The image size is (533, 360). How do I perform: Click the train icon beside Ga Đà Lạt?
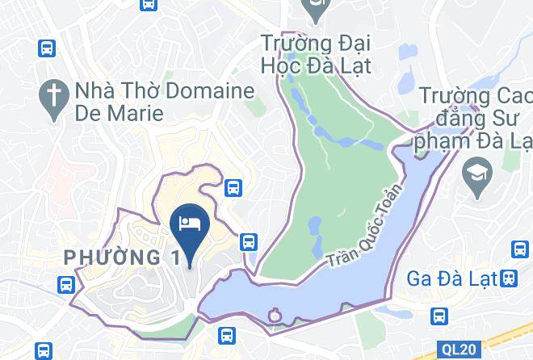click(509, 278)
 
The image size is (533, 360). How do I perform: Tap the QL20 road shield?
click(459, 350)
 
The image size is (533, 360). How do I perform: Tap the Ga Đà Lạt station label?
click(451, 278)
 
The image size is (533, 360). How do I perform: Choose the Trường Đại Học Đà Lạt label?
click(315, 52)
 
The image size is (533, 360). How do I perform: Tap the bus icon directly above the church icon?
click(46, 48)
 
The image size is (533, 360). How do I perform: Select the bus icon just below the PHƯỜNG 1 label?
click(66, 284)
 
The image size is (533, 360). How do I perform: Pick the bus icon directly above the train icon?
click(518, 249)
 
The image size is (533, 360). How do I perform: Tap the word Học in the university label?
click(279, 65)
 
